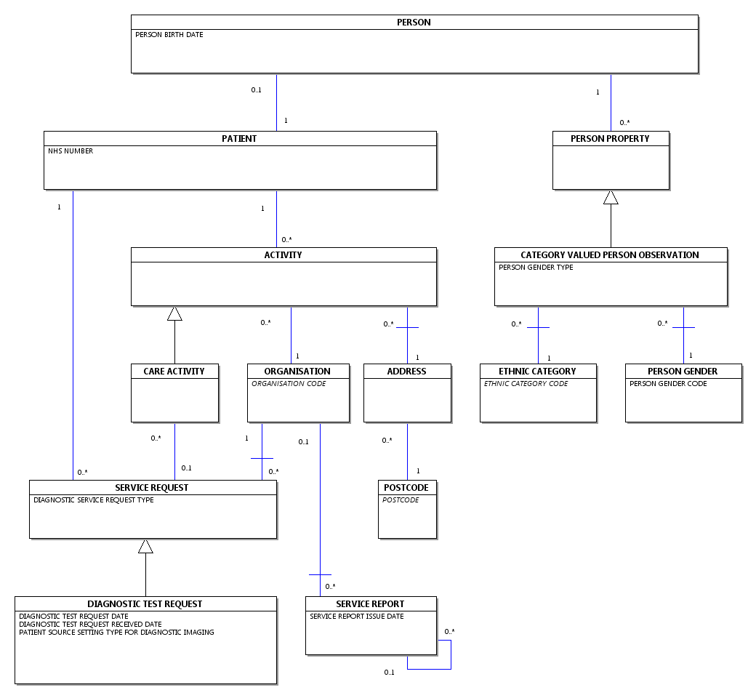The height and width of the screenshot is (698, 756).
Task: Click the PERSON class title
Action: [414, 23]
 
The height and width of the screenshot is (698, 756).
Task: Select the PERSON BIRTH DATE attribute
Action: [169, 35]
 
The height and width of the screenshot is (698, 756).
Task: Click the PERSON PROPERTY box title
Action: [610, 139]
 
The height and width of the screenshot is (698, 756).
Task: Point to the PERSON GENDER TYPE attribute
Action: [536, 268]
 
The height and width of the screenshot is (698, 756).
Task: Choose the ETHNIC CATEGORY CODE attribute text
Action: [526, 384]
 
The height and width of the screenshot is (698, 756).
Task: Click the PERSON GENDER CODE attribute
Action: [668, 384]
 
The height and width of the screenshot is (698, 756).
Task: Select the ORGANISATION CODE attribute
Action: [289, 384]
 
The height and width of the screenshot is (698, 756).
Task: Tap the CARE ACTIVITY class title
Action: [174, 372]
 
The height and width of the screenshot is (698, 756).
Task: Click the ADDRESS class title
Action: [406, 372]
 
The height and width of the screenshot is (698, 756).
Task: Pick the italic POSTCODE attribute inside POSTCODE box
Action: [401, 500]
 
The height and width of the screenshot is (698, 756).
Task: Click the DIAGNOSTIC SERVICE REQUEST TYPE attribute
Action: [94, 500]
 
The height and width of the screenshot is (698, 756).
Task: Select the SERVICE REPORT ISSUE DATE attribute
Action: [356, 617]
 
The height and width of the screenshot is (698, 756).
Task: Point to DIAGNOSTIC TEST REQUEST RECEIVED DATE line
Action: [90, 625]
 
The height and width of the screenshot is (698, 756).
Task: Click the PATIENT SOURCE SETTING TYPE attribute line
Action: [116, 633]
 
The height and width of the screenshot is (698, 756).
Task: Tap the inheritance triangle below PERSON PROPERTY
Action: [611, 197]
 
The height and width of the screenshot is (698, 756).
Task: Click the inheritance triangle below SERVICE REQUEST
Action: [145, 546]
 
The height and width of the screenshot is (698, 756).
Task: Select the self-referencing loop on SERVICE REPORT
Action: [451, 654]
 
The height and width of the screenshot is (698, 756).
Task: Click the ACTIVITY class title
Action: [283, 255]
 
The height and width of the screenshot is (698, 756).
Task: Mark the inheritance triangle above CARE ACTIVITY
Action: [174, 313]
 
